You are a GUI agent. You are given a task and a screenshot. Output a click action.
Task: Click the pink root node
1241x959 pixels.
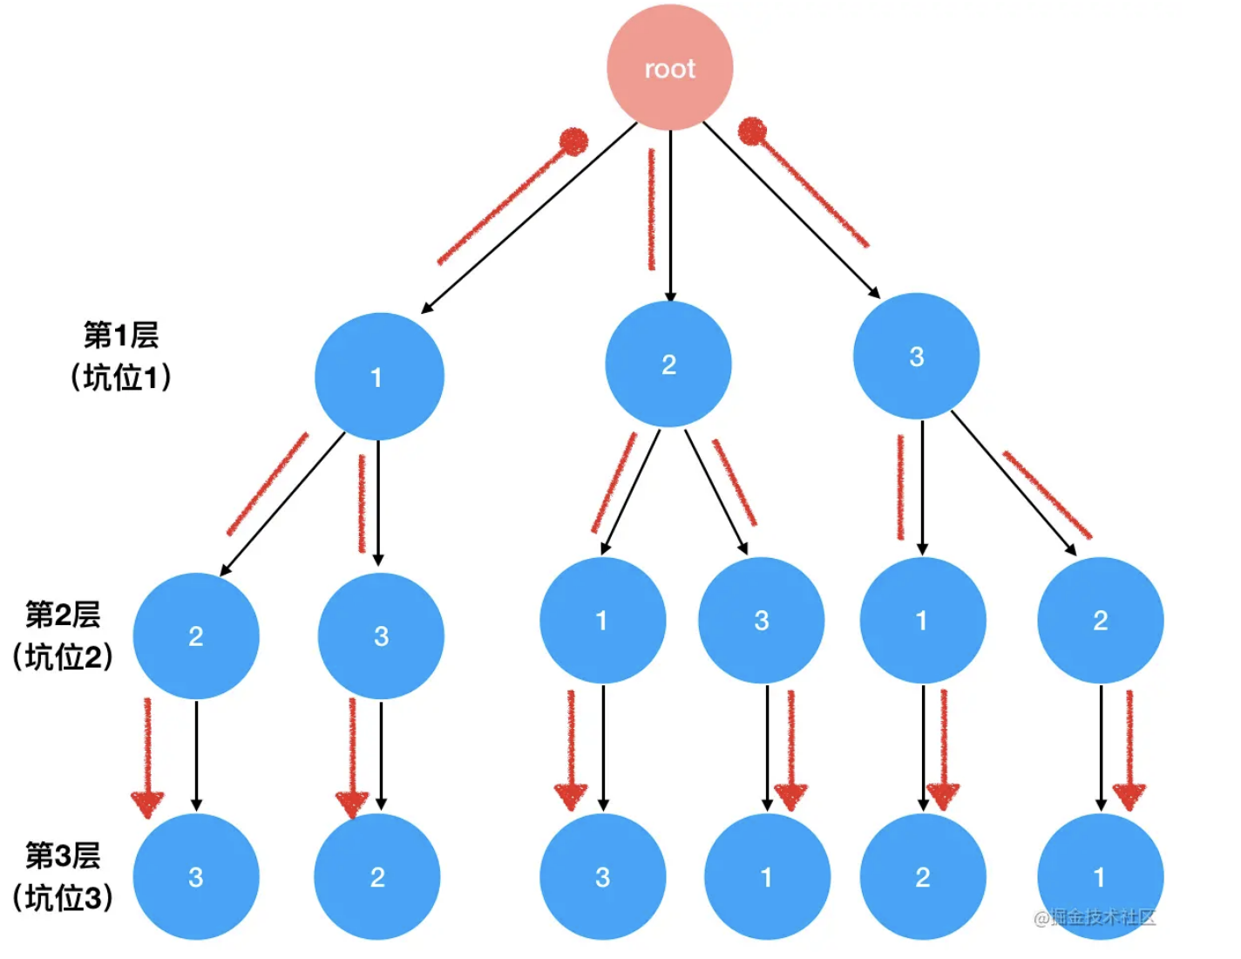click(669, 68)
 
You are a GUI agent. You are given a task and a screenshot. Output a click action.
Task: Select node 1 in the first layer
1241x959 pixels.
click(378, 377)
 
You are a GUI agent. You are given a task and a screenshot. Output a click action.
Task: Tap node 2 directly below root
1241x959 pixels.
click(668, 364)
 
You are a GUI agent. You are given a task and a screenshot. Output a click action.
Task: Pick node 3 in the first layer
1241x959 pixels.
click(916, 356)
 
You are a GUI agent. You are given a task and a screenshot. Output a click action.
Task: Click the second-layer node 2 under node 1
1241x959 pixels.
click(196, 636)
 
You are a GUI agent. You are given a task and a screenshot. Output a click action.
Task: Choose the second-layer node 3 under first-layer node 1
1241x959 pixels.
click(381, 636)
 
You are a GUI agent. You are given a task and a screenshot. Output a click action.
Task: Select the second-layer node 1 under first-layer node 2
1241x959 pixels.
click(602, 620)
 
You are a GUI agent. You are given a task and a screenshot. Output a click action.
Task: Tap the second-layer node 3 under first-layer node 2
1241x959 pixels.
click(761, 620)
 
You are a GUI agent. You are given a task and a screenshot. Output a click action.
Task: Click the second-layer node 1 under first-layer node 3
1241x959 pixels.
click(922, 620)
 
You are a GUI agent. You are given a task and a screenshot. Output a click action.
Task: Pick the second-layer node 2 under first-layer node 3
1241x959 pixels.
click(1100, 620)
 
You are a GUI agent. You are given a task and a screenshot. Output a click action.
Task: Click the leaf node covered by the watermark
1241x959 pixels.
click(1100, 876)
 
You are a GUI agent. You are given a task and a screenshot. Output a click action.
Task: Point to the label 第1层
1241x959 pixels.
click(121, 335)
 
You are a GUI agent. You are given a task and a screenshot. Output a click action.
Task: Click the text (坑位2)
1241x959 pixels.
click(63, 657)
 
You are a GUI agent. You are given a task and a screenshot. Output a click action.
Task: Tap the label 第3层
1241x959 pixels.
click(63, 855)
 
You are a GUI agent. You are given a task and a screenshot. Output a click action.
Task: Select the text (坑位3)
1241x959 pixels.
click(63, 898)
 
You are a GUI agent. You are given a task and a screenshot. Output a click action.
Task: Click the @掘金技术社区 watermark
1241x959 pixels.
click(1095, 917)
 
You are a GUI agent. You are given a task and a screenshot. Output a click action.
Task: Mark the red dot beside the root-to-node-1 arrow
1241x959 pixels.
click(573, 141)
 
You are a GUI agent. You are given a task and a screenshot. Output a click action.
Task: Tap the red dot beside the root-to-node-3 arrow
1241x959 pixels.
click(752, 132)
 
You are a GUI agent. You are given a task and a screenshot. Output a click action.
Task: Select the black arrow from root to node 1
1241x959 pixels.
click(530, 217)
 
